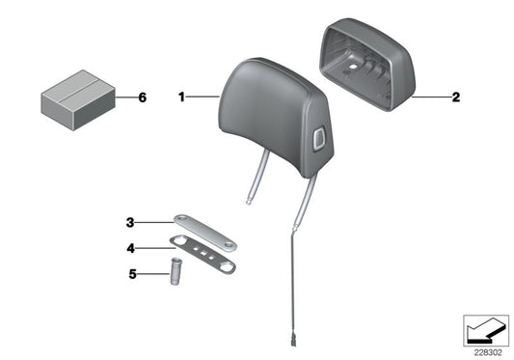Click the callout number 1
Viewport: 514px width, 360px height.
coord(181,97)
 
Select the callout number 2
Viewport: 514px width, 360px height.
coord(456,97)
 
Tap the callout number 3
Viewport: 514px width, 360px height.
coord(130,223)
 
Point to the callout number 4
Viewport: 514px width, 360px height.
coord(131,248)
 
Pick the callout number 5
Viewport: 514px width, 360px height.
coord(132,274)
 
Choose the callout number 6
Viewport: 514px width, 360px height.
coord(143,97)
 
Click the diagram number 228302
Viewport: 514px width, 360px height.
coord(488,353)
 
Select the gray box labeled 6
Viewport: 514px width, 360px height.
coord(78,100)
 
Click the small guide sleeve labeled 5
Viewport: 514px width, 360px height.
coord(176,271)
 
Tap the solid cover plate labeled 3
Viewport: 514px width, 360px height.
coord(205,233)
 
